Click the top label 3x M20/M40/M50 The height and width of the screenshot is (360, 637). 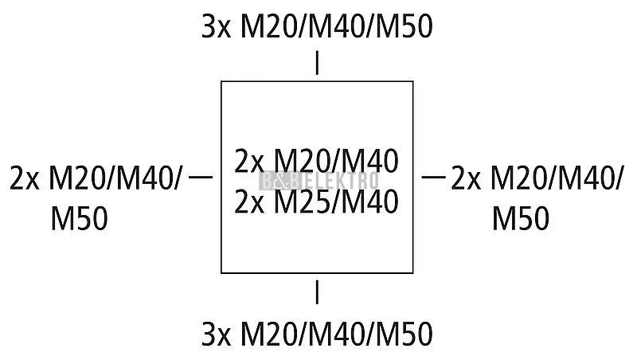[317, 27]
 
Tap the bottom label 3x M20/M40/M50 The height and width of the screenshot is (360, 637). [317, 334]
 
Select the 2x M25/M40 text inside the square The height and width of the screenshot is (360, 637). [316, 202]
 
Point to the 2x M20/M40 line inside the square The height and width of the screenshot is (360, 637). [316, 161]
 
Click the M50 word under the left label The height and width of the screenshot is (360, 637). [79, 218]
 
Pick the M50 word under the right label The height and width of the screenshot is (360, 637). [521, 218]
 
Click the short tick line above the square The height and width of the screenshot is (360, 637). [317, 63]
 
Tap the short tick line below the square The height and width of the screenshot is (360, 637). [317, 292]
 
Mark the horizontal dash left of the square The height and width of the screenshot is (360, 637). [201, 177]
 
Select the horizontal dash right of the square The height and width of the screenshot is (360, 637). [433, 177]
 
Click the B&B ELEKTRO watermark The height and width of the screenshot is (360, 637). [318, 181]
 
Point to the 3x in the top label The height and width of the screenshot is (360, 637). [216, 27]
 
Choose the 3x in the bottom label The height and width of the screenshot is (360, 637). [216, 335]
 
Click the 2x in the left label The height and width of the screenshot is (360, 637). [24, 178]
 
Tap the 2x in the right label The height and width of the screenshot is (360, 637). [466, 178]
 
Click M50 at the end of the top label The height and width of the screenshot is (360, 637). [404, 27]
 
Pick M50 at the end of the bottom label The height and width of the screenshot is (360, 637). [404, 335]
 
